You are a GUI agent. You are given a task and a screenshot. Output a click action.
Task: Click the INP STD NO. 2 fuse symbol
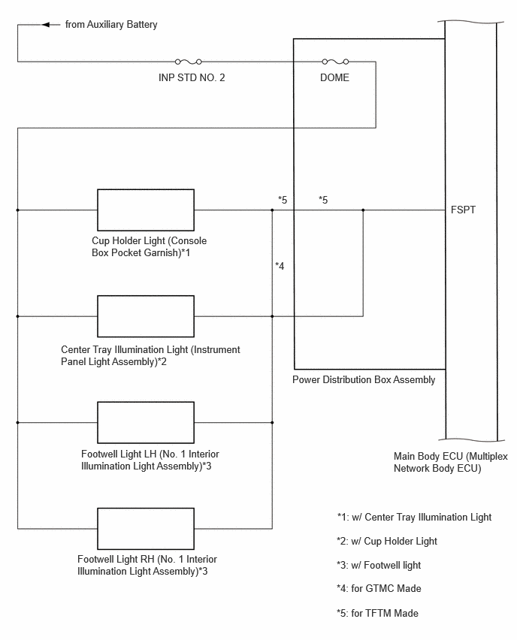(189, 62)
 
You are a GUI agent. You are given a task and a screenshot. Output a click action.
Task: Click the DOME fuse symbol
(335, 62)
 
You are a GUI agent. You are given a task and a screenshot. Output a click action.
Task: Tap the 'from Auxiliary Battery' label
(111, 25)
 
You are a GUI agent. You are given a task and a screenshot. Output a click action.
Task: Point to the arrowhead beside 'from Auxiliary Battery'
(46, 25)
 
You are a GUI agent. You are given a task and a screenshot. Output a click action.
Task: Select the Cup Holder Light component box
(146, 210)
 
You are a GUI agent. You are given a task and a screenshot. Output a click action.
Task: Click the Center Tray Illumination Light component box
(146, 316)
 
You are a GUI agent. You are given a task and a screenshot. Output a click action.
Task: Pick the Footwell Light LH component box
(146, 422)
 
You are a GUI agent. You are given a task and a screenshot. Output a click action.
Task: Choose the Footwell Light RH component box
(146, 529)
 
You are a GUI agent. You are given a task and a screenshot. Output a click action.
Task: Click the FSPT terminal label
(463, 210)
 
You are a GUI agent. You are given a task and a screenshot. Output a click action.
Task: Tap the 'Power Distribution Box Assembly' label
(364, 379)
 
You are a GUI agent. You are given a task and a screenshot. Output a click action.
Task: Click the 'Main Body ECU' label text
(450, 462)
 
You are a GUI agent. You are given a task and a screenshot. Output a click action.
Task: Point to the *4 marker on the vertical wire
(280, 266)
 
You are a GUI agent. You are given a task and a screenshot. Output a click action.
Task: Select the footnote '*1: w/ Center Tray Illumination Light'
(414, 517)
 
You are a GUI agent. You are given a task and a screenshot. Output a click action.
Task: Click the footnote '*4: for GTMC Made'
(379, 589)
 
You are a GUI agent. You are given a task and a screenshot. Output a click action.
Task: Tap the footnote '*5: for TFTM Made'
(377, 613)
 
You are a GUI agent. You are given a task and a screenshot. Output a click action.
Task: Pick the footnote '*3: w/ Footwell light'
(379, 566)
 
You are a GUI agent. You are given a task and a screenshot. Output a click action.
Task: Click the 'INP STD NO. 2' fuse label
(192, 77)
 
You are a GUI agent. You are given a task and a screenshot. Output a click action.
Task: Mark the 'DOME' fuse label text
(334, 77)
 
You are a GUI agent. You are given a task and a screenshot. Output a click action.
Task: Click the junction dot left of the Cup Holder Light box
(17, 210)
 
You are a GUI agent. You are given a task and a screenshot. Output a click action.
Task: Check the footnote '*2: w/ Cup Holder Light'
(387, 542)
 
